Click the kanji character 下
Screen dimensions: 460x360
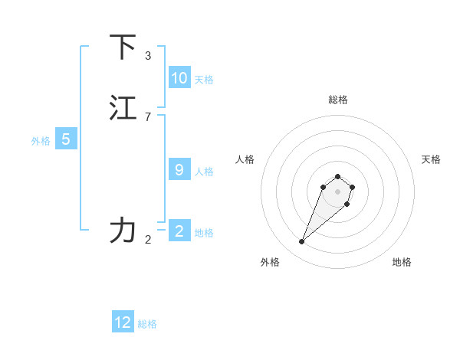tap(123, 47)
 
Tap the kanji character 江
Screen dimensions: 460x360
tap(123, 108)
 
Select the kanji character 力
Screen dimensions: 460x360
tap(123, 230)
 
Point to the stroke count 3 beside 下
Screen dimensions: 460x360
tap(148, 55)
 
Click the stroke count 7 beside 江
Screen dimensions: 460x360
tap(148, 116)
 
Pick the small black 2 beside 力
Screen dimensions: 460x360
tap(148, 240)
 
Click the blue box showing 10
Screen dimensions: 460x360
tap(179, 78)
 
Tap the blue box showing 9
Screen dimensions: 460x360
tap(179, 170)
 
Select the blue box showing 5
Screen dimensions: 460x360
tap(66, 139)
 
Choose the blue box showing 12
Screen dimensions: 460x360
tap(123, 322)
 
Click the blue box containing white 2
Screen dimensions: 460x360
tap(179, 231)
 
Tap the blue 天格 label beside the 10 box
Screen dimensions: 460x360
tap(204, 80)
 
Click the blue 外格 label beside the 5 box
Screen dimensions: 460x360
tap(41, 141)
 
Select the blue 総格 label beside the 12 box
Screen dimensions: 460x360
tap(147, 324)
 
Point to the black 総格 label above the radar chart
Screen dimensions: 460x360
tap(338, 100)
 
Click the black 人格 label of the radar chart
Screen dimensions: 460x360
tap(245, 159)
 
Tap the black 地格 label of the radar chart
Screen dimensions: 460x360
tap(402, 262)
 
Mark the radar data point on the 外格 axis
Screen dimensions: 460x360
tap(302, 242)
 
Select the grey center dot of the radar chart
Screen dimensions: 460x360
tap(338, 191)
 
